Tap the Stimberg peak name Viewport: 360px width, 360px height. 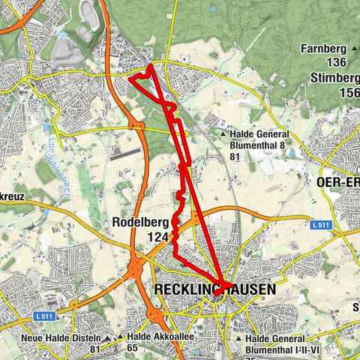334,76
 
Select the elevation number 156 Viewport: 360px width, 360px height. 349,91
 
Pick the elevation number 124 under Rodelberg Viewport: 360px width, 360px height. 159,237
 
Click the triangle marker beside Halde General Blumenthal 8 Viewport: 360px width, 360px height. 223,135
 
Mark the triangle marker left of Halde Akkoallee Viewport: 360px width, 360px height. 119,337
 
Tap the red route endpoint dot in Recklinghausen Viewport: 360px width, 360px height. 216,293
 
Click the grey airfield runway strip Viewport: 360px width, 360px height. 125,152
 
